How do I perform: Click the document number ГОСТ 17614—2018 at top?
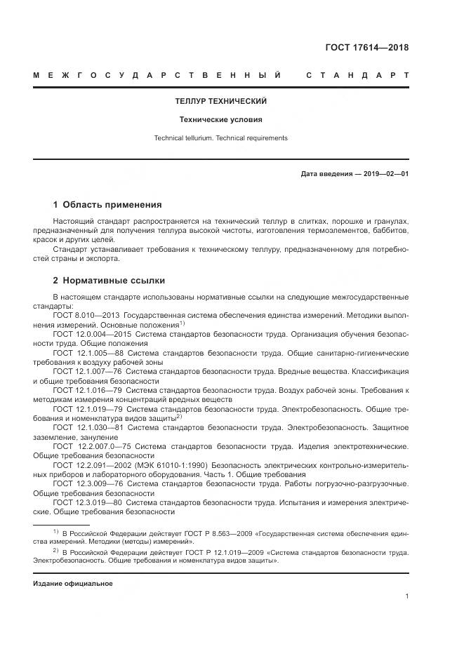pos(367,48)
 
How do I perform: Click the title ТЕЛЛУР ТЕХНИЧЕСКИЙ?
pos(221,102)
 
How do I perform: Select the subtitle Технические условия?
pos(221,119)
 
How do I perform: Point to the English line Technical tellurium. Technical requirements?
pos(221,138)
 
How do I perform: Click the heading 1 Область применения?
pos(107,205)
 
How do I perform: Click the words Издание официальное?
pos(73,584)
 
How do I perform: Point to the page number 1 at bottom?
pos(406,596)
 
